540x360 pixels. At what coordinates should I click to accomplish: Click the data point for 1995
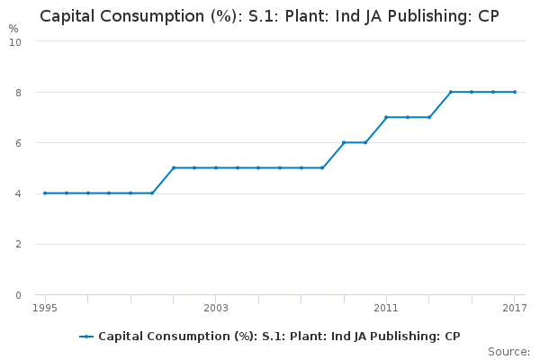click(x=45, y=193)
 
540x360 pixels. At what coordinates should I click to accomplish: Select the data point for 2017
click(x=515, y=92)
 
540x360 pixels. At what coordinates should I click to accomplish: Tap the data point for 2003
click(x=216, y=167)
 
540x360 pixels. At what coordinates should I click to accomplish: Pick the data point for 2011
click(x=386, y=117)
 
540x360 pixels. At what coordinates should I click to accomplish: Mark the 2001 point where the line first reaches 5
click(x=174, y=167)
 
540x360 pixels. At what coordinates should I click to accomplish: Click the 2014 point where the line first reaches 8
click(x=451, y=92)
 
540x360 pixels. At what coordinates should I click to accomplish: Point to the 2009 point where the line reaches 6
click(x=344, y=142)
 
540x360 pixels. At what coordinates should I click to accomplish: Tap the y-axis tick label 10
click(x=15, y=42)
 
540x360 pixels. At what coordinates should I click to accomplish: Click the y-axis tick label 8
click(x=18, y=93)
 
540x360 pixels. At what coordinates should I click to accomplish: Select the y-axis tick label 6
click(x=18, y=143)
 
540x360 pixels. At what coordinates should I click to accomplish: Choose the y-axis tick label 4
click(x=18, y=194)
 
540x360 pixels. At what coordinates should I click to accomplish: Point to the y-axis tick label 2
click(x=18, y=244)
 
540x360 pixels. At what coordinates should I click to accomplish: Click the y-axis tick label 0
click(x=18, y=295)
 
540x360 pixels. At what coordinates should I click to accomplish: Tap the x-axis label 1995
click(x=45, y=308)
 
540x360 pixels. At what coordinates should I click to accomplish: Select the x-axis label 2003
click(x=216, y=308)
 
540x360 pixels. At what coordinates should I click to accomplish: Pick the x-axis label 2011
click(x=386, y=308)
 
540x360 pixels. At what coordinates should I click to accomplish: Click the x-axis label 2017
click(x=515, y=308)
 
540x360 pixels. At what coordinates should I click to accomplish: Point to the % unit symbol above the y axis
click(x=13, y=29)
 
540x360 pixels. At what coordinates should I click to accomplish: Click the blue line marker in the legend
click(x=86, y=337)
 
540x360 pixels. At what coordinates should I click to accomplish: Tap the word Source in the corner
click(x=508, y=352)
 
